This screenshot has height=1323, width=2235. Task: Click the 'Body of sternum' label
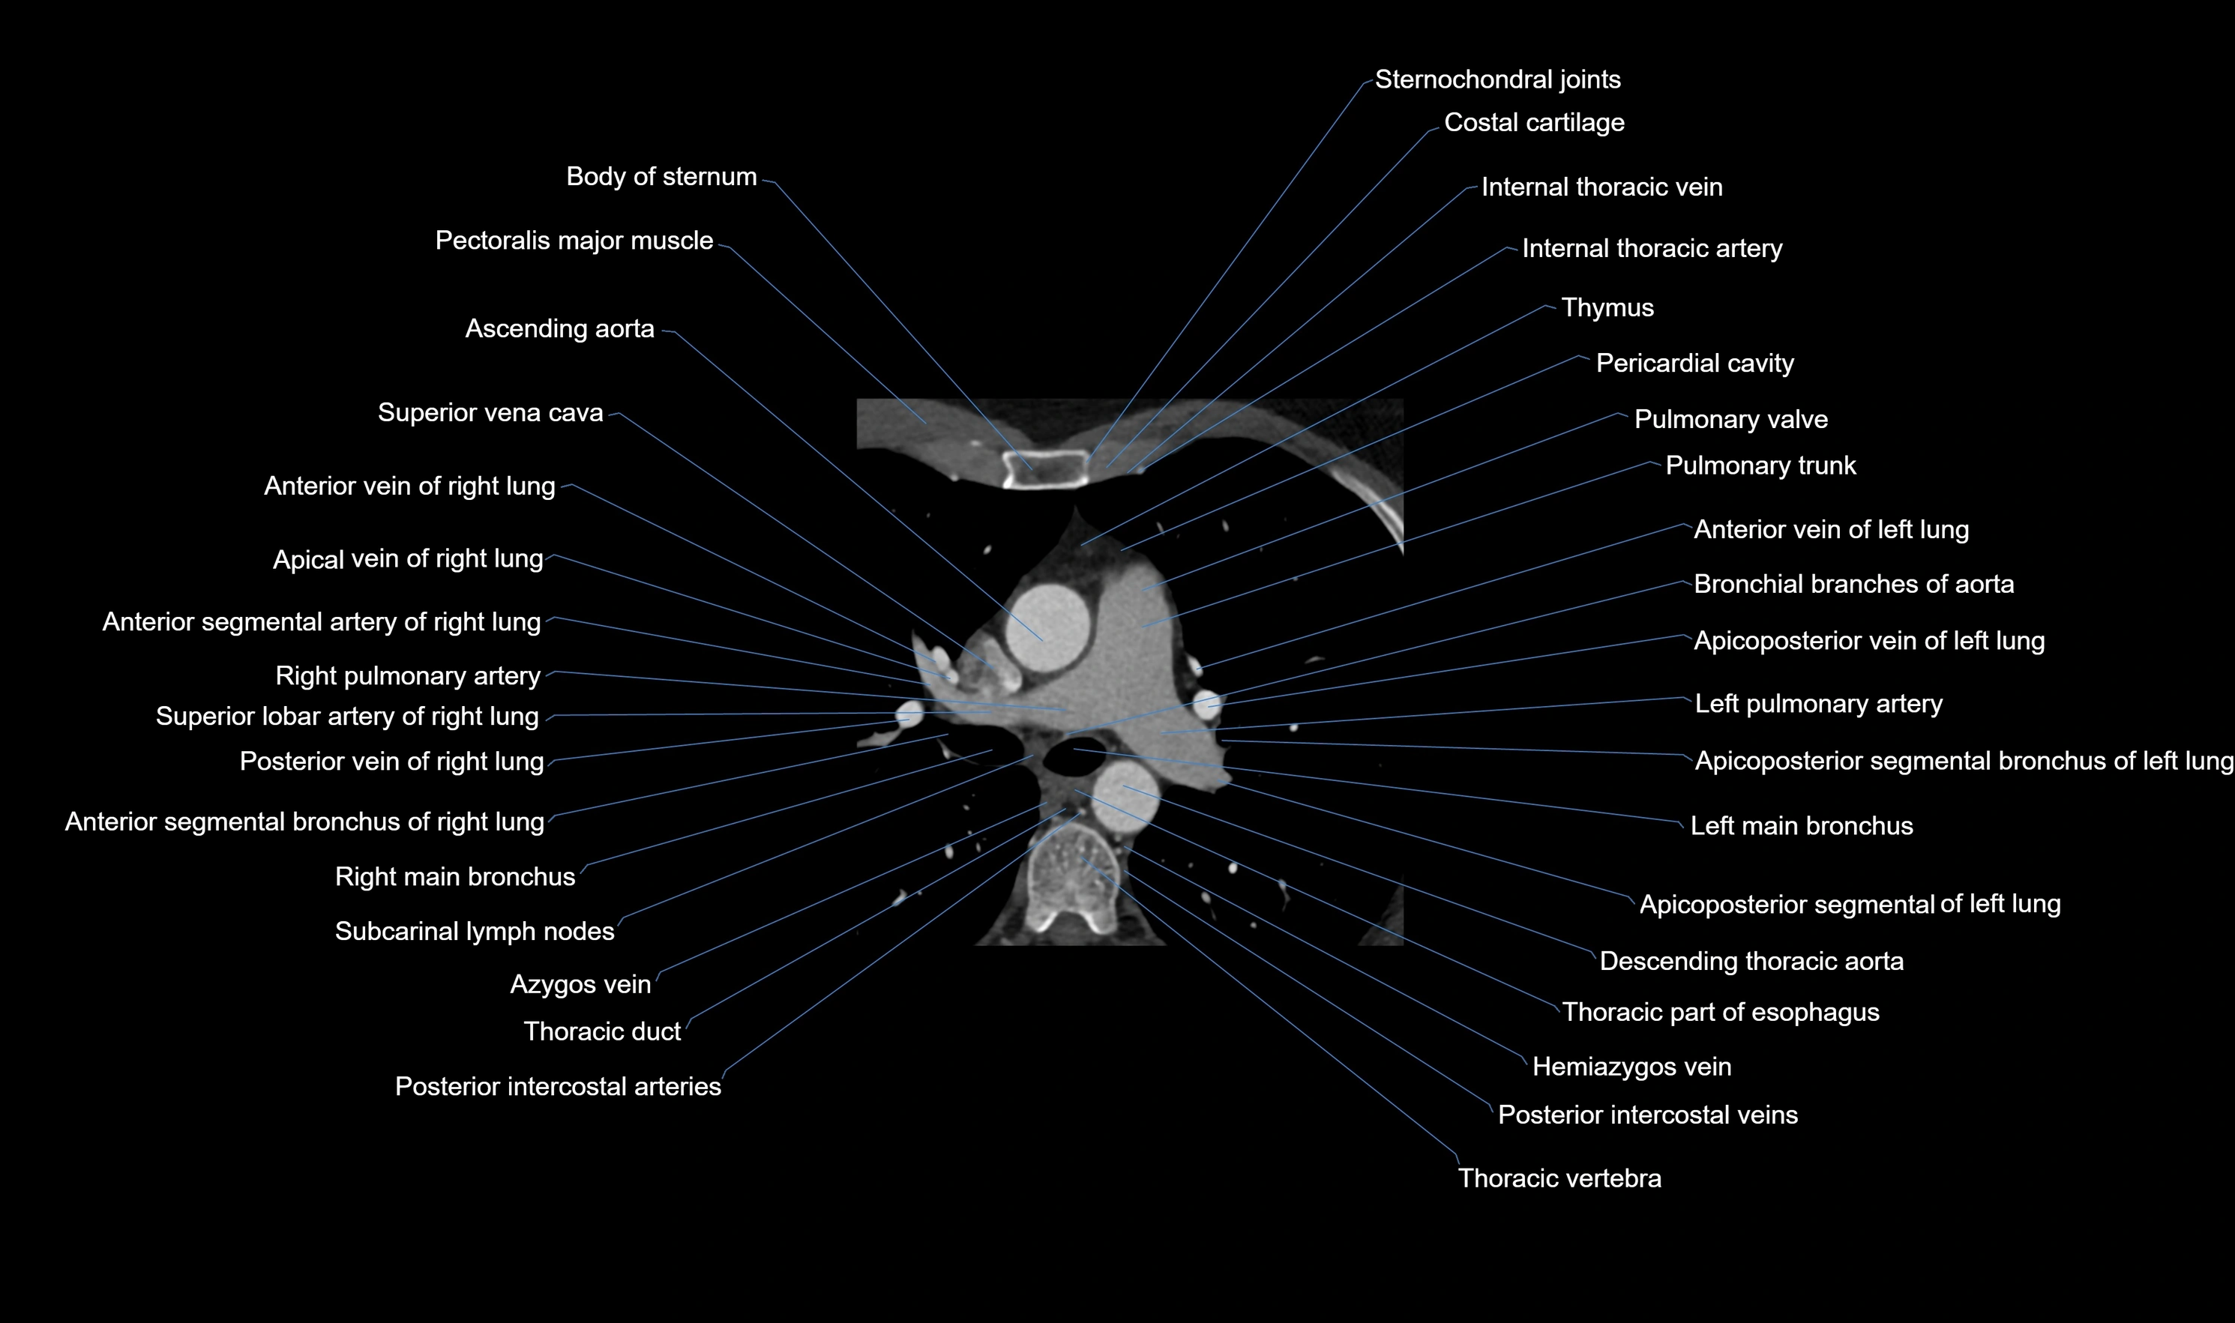[661, 176]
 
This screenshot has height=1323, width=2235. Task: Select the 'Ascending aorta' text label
[559, 329]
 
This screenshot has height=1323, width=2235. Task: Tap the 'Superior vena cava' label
[490, 413]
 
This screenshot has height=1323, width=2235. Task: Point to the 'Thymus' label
[1607, 307]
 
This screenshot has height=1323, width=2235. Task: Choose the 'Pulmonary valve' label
[1730, 419]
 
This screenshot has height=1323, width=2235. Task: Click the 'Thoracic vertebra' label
[1558, 1178]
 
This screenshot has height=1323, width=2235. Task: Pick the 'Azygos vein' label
[580, 984]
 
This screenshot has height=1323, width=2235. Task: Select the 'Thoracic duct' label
[602, 1031]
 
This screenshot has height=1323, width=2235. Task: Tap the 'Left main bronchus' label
[1801, 825]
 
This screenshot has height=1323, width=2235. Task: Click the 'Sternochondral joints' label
[1496, 79]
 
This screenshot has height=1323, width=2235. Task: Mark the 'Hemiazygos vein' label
[1631, 1067]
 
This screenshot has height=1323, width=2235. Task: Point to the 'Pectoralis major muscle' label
[574, 241]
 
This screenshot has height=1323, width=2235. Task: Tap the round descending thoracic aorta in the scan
[1125, 796]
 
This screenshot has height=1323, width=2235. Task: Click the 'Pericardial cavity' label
[1694, 364]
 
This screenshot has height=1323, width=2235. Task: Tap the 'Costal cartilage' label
[1533, 123]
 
